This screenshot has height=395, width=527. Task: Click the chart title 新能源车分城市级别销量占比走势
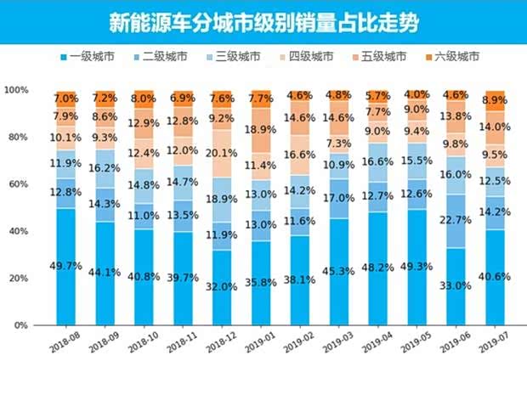coord(263,21)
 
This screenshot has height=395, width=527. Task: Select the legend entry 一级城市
coord(89,57)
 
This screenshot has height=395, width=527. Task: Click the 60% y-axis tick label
coord(19,184)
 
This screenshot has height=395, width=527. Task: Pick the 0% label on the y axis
coord(21,325)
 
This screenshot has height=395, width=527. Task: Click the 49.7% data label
coord(66,267)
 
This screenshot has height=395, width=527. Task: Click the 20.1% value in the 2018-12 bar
coord(221,153)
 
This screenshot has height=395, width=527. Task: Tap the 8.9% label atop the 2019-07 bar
coord(495,100)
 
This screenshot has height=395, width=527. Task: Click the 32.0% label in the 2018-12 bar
coord(221,287)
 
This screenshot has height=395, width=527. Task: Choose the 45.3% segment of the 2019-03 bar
coord(338,272)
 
